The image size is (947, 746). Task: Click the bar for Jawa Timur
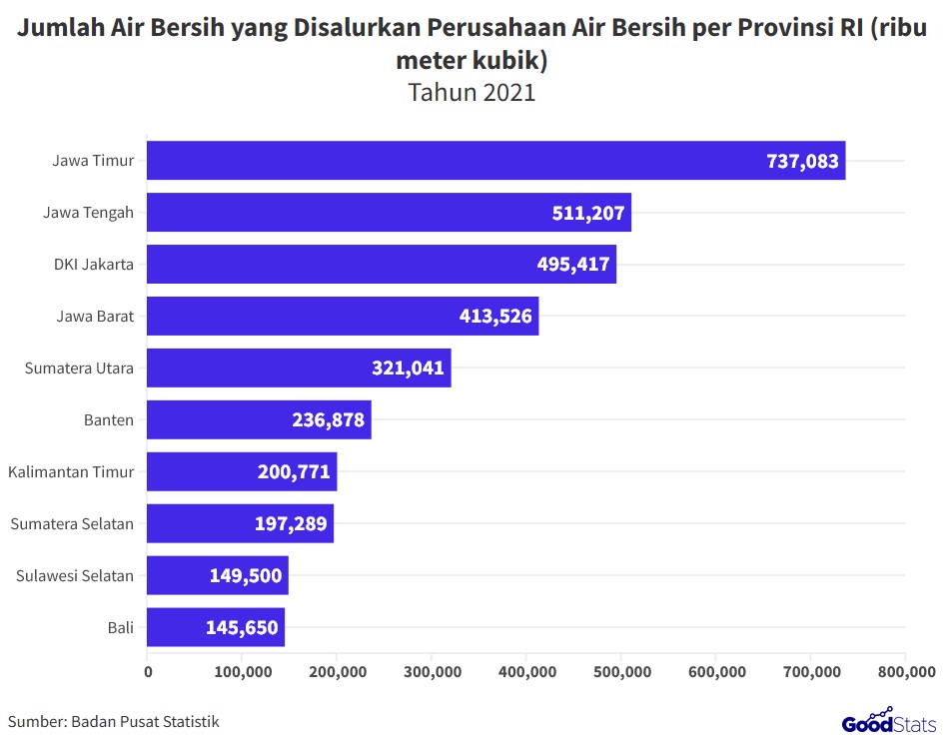496,161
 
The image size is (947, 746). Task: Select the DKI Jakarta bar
382,265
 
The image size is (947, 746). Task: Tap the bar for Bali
216,628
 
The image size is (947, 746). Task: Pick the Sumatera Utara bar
299,369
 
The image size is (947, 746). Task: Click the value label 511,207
588,213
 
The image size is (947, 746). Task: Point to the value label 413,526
495,317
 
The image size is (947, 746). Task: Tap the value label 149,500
246,576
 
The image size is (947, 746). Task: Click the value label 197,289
291,524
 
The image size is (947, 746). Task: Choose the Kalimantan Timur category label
71,472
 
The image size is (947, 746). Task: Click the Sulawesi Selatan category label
75,576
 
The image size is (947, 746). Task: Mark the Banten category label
109,420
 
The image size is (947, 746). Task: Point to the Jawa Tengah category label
89,213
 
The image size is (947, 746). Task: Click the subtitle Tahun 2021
473,93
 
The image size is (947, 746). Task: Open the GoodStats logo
888,721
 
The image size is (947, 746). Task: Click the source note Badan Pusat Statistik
145,721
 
